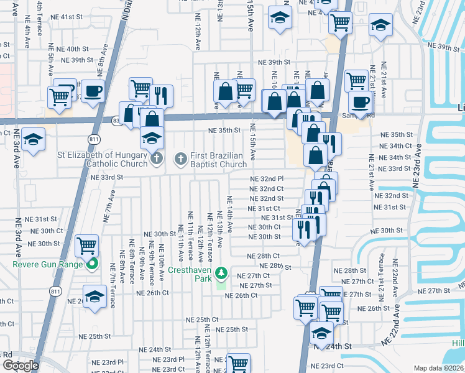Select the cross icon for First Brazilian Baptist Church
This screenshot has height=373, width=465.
click(180, 159)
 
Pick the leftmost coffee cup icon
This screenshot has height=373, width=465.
click(93, 91)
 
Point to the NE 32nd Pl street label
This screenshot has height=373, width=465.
click(267, 179)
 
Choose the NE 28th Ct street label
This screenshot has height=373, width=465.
click(264, 256)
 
